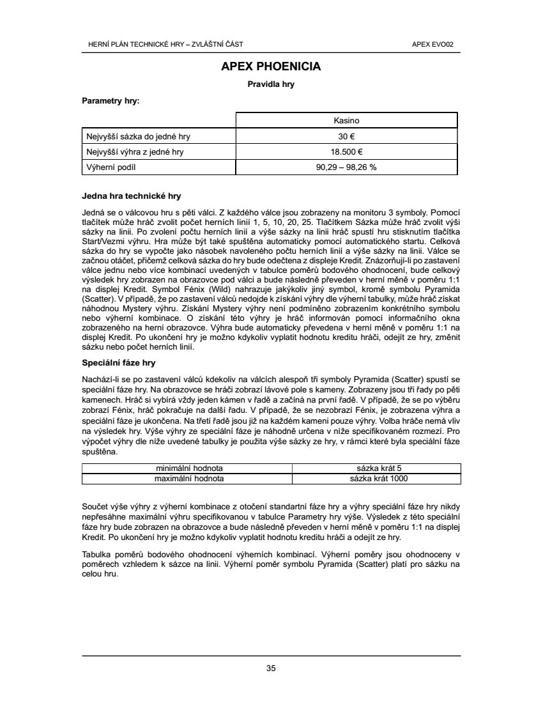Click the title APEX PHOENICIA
(x=271, y=66)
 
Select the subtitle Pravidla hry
(x=271, y=84)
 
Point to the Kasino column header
(x=347, y=120)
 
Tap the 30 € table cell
(x=347, y=136)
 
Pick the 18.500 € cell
(x=347, y=152)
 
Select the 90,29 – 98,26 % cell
(x=347, y=167)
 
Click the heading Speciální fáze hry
(x=119, y=362)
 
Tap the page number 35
(x=271, y=668)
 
